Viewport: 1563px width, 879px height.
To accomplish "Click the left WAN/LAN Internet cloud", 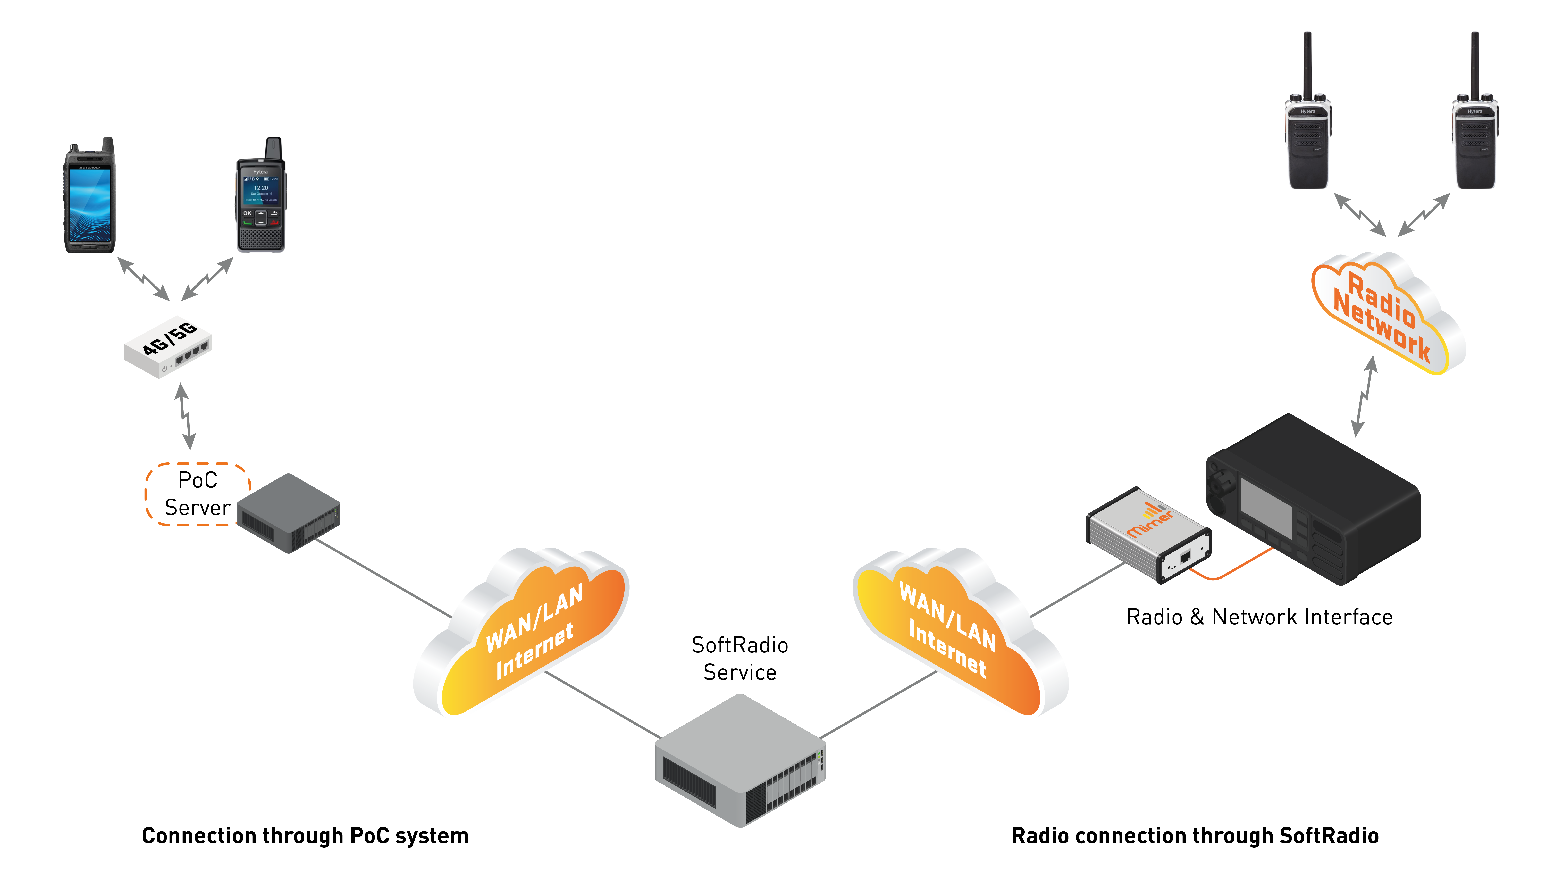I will pyautogui.click(x=522, y=634).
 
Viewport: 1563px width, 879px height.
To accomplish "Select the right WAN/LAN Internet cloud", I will pyautogui.click(x=959, y=634).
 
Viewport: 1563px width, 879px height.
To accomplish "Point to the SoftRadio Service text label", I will pyautogui.click(x=740, y=658).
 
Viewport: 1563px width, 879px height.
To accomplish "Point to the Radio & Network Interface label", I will pyautogui.click(x=1260, y=617).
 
